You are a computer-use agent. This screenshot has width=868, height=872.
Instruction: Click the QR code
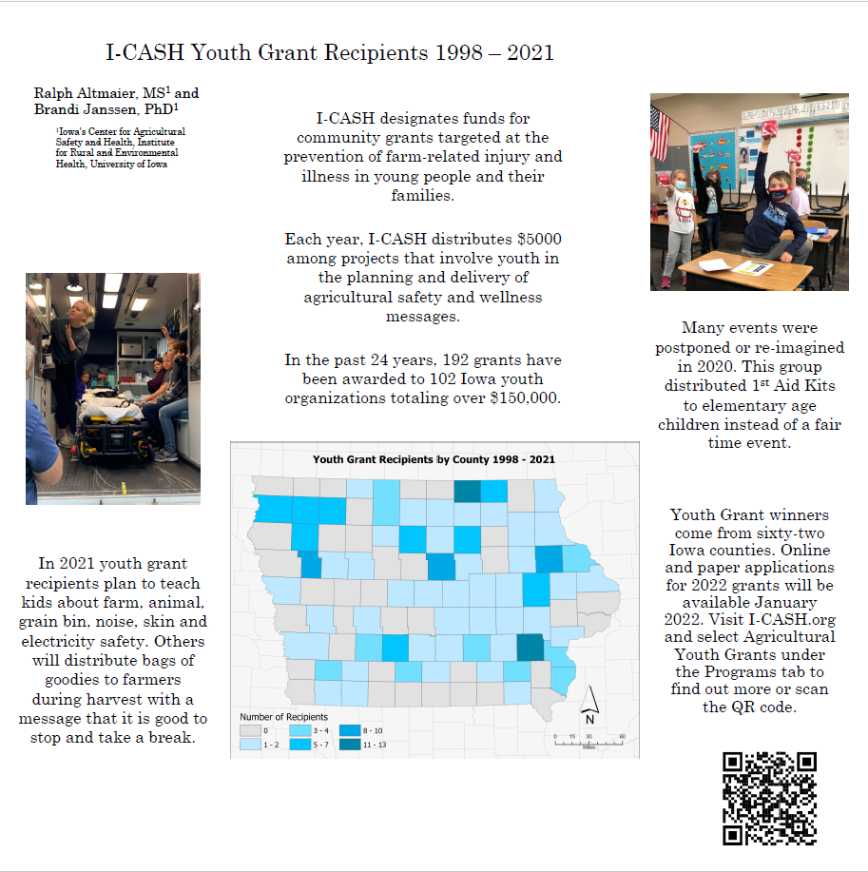pos(769,799)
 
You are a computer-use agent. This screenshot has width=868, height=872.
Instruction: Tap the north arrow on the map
pos(589,705)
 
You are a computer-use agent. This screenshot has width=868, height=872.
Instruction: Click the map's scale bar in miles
pos(588,738)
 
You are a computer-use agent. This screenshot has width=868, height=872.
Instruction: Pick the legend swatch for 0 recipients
pos(250,730)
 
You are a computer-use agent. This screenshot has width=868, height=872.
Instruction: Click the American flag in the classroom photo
pos(659,132)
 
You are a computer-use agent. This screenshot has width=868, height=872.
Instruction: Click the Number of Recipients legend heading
pos(283,716)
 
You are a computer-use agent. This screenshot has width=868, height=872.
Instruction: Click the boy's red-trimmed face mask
pos(779,195)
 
